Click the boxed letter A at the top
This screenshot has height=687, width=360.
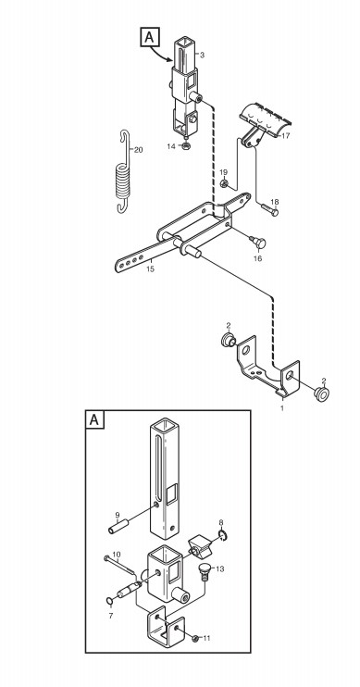click(149, 37)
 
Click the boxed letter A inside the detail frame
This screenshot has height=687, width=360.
click(94, 419)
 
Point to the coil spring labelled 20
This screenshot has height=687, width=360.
click(124, 171)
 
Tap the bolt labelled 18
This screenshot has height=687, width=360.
click(269, 209)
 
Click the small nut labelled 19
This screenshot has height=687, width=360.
click(224, 183)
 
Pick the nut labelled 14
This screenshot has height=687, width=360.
click(186, 146)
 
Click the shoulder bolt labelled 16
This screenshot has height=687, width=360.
click(258, 242)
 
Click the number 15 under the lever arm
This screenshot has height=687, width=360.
click(150, 269)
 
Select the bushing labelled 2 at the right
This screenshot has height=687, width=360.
click(321, 394)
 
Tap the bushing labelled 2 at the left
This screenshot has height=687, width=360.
click(229, 340)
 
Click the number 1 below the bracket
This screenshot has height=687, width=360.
click(282, 408)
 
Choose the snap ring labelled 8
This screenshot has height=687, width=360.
click(222, 535)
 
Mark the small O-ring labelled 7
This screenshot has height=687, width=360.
click(109, 600)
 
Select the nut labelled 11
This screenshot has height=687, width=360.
click(195, 638)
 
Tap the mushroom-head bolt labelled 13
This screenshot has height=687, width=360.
click(205, 572)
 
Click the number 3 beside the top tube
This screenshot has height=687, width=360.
click(202, 56)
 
